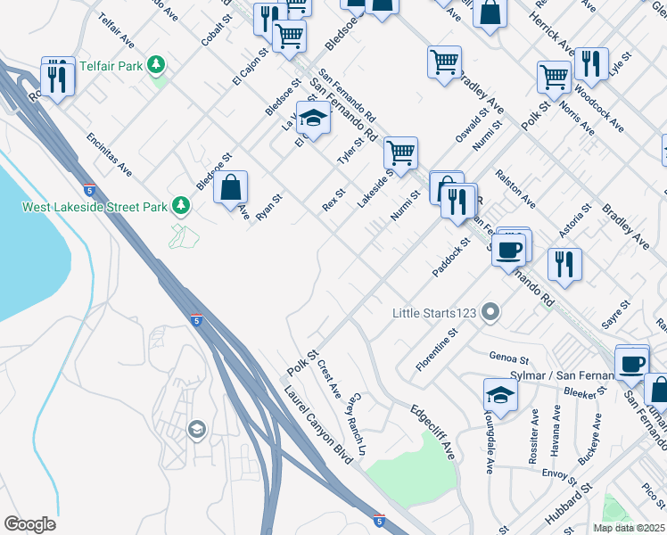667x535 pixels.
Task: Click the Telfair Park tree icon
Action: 157,64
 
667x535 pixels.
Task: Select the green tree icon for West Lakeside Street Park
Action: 182,207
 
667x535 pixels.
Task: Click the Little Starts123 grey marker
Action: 490,313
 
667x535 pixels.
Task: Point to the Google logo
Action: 29,524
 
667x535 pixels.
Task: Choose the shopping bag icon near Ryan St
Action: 230,187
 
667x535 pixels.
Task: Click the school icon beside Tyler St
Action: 313,117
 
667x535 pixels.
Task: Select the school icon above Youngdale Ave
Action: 500,394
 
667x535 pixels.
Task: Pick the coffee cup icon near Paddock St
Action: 511,248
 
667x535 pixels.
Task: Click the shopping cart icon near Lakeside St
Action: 401,152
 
